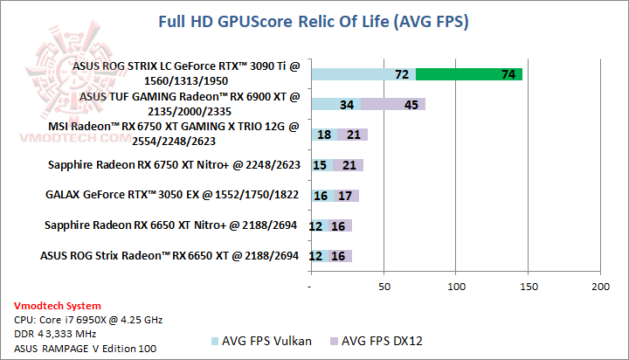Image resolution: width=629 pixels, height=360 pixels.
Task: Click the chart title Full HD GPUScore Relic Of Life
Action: click(313, 22)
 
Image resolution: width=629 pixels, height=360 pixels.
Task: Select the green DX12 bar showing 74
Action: click(469, 75)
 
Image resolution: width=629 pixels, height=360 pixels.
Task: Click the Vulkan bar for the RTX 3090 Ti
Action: click(363, 75)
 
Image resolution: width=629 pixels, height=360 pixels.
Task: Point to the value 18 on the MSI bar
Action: click(324, 135)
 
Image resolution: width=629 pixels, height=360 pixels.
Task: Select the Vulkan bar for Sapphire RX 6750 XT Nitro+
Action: click(321, 165)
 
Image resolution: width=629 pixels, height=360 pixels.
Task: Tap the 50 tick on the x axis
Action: click(383, 286)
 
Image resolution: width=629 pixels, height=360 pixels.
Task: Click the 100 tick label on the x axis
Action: click(455, 286)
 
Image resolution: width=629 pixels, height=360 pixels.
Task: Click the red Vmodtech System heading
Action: click(58, 306)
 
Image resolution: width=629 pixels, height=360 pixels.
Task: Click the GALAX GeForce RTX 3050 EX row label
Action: click(171, 196)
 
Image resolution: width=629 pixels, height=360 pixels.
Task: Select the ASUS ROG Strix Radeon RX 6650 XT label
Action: click(169, 256)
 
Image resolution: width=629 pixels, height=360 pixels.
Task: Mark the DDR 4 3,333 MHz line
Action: click(57, 334)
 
